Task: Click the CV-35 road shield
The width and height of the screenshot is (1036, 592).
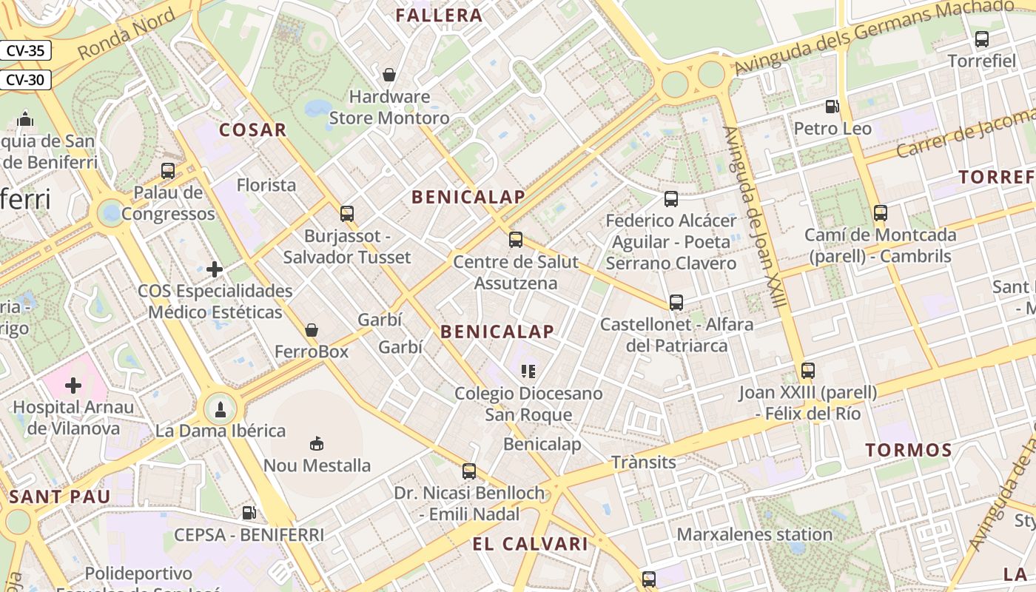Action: [x=25, y=51]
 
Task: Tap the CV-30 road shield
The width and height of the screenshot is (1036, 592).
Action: [x=25, y=79]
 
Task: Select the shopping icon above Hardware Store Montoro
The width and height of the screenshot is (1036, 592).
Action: [x=389, y=74]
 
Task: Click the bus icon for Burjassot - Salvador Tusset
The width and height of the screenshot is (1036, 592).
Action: [x=347, y=214]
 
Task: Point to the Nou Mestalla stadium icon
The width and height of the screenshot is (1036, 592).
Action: [x=317, y=443]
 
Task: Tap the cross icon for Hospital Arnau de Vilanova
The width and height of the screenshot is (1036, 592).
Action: [x=73, y=386]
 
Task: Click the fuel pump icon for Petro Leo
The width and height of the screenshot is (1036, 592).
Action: [x=832, y=107]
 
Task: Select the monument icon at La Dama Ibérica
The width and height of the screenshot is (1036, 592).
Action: [x=220, y=408]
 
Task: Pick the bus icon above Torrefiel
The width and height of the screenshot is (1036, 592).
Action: [x=982, y=39]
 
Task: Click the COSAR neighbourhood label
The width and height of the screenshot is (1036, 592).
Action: [x=252, y=130]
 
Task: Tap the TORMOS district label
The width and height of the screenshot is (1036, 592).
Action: [x=909, y=450]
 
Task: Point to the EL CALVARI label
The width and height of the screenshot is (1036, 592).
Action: [x=530, y=545]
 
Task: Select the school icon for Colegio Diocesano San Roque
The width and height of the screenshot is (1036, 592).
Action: [x=528, y=371]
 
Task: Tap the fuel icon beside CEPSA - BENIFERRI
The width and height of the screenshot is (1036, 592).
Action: [x=249, y=512]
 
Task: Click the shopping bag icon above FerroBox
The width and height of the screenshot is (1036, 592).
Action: [x=312, y=329]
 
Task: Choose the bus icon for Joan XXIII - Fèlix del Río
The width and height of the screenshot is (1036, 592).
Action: [x=808, y=371]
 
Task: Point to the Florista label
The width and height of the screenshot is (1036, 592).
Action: [x=266, y=185]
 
